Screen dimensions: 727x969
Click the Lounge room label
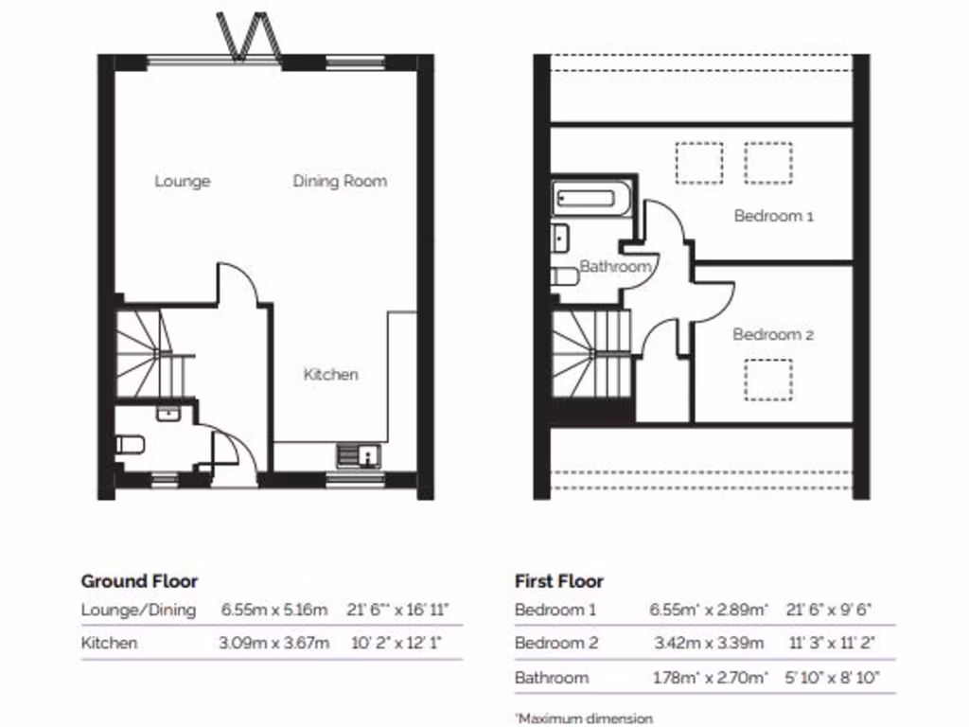[x=183, y=181]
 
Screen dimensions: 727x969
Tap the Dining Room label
[x=340, y=181]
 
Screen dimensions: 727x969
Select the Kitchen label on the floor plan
[x=330, y=374]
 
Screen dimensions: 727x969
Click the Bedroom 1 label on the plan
[x=773, y=216]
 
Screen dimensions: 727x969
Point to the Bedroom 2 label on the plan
[x=773, y=334]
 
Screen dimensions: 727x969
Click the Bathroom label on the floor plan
[x=615, y=267]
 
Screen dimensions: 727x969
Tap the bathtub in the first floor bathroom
[x=591, y=198]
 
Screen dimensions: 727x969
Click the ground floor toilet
[x=129, y=444]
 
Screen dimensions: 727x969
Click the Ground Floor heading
[x=139, y=581]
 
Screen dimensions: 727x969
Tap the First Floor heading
[x=558, y=581]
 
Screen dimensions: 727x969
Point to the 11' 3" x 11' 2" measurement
[x=830, y=643]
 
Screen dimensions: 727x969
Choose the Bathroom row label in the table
[x=551, y=678]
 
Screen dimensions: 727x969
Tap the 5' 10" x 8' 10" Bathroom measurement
[x=830, y=678]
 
